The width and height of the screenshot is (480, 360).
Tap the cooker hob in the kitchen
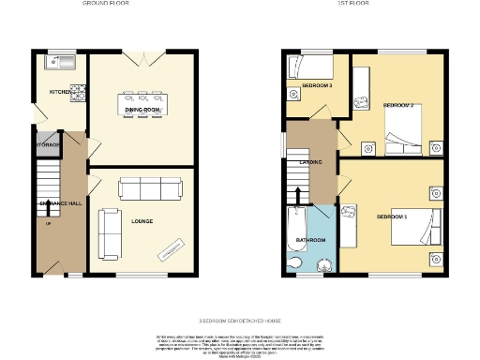[x=80, y=93]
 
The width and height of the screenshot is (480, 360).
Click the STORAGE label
[x=50, y=145]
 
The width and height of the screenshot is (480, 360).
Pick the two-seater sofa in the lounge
[x=109, y=234]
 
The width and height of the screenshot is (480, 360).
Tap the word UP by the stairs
[x=48, y=222]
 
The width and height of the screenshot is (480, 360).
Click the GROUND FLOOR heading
[x=106, y=5]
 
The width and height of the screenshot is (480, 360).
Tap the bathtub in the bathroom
[x=294, y=229]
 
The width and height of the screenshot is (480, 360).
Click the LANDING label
[x=311, y=162]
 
